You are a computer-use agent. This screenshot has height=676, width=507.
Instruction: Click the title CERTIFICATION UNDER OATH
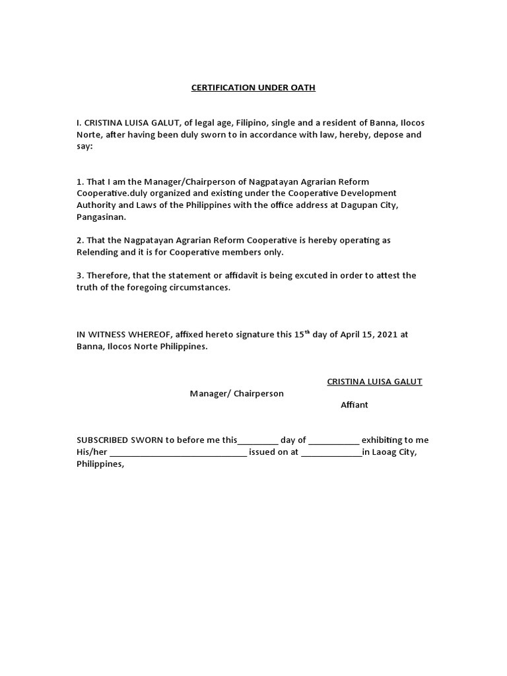coord(253,88)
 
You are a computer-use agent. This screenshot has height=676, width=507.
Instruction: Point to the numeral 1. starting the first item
coord(80,182)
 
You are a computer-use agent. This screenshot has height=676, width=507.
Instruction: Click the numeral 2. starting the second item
coord(80,240)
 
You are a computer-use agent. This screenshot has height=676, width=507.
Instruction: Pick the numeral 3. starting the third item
coord(80,275)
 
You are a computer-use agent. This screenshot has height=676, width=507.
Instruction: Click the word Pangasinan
coord(100,217)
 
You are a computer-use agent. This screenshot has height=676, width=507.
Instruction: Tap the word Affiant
coord(355,405)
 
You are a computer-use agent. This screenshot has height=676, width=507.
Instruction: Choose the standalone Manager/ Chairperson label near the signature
coord(236,393)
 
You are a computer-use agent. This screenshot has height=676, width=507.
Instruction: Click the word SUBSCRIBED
coord(103,440)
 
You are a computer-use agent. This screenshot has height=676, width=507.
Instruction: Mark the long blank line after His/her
coord(178,453)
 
